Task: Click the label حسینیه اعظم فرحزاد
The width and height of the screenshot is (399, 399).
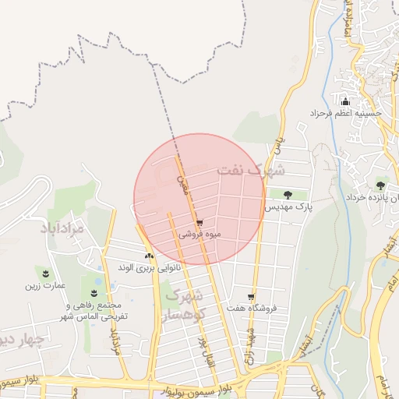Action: (x=348, y=113)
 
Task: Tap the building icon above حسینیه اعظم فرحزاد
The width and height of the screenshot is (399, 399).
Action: (x=346, y=101)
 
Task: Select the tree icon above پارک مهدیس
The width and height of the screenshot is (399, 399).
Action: (x=288, y=195)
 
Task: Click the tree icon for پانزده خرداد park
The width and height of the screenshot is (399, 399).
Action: (x=380, y=185)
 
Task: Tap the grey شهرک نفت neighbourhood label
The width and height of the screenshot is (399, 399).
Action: (x=252, y=169)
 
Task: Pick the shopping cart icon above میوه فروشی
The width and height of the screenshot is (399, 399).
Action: (x=200, y=223)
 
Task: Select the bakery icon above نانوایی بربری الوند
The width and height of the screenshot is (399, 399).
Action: (x=149, y=256)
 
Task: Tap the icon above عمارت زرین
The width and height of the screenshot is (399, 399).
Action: (x=46, y=273)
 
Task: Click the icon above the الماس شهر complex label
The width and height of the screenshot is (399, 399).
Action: (x=94, y=294)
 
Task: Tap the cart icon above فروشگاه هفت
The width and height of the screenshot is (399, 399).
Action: (x=251, y=297)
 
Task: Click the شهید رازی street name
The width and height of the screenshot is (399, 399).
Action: (x=252, y=340)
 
